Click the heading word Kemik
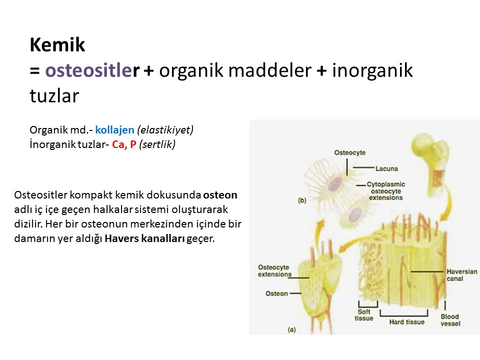pyautogui.click(x=57, y=44)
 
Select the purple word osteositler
pyautogui.click(x=92, y=70)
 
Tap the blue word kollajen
pyautogui.click(x=115, y=130)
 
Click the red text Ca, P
pyautogui.click(x=124, y=144)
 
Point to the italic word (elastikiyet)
pyautogui.click(x=165, y=130)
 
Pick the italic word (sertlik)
pyautogui.click(x=157, y=144)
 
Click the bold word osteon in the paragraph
pyautogui.click(x=220, y=195)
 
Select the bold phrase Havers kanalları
pyautogui.click(x=144, y=238)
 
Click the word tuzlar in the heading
pyautogui.click(x=54, y=96)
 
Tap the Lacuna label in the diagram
pyautogui.click(x=386, y=168)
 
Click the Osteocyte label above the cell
pyautogui.click(x=350, y=152)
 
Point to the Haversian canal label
pyautogui.click(x=461, y=275)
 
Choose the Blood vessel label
pyautogui.click(x=450, y=320)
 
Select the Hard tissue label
pyautogui.click(x=407, y=321)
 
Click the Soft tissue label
pyautogui.click(x=364, y=315)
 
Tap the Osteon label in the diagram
pyautogui.click(x=276, y=293)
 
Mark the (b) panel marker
pyautogui.click(x=302, y=200)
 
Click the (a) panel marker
pyautogui.click(x=291, y=329)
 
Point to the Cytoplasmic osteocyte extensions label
pyautogui.click(x=385, y=191)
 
